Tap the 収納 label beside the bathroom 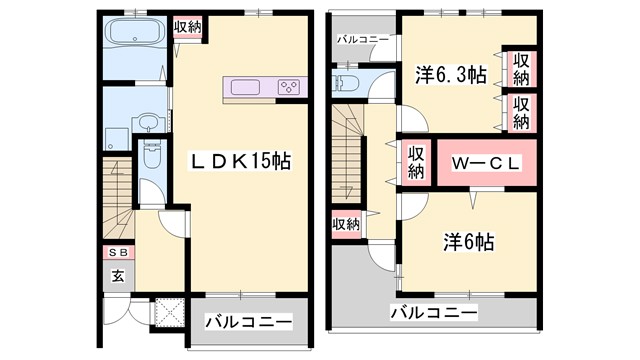187,27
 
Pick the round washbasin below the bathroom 147,123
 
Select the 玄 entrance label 117,275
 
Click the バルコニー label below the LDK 249,322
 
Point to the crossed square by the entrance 166,314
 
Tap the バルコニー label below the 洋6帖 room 433,314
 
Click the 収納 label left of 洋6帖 346,225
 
